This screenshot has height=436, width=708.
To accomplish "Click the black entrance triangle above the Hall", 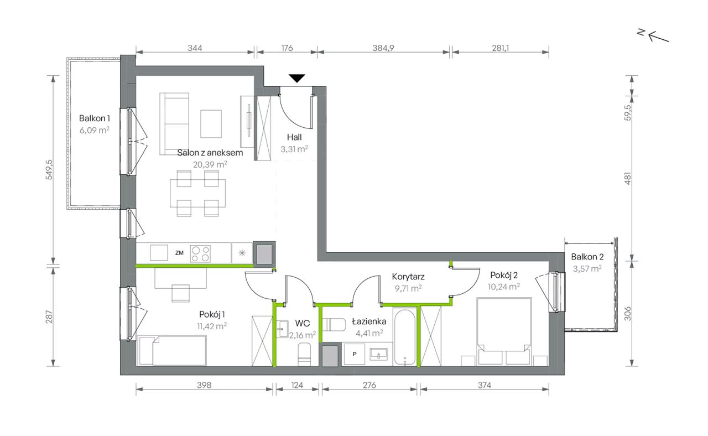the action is [296, 78].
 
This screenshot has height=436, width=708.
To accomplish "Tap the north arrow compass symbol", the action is [655, 35].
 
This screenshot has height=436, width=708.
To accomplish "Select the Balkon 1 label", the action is [95, 118].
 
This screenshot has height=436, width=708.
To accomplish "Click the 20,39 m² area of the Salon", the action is [210, 164].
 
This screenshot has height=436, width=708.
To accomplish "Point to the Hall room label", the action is [294, 137].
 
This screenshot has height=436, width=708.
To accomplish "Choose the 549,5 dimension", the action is [49, 169].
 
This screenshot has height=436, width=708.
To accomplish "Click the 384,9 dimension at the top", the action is [383, 48].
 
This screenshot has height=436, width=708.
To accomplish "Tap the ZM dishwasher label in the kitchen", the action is [179, 253].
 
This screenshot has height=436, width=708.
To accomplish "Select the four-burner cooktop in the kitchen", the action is [200, 253].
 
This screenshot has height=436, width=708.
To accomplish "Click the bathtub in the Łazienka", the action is [404, 337].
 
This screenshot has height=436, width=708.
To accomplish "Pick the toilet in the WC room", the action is [304, 355].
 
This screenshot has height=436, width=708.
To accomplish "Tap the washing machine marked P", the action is [355, 354].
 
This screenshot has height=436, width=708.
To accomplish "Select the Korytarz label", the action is [408, 277].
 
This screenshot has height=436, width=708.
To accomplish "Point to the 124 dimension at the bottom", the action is [297, 385].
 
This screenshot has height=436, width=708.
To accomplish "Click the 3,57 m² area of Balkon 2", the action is [587, 269].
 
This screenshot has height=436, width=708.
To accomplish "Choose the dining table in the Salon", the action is [198, 193].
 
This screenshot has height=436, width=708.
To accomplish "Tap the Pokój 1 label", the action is [212, 315].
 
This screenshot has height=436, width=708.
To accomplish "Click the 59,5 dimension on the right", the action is [627, 112].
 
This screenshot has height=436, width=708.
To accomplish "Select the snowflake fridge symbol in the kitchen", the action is [242, 253].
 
